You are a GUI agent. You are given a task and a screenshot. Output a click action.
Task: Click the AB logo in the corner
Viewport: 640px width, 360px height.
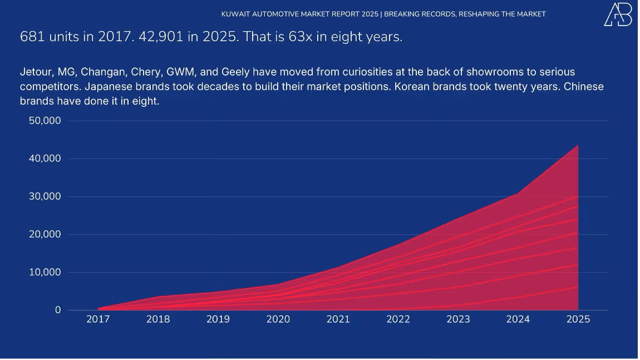pos(618,14)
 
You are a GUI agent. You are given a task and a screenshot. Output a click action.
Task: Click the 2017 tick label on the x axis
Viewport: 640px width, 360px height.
pos(98,319)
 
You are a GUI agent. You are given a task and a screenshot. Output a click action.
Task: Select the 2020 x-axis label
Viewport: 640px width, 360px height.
pos(278,319)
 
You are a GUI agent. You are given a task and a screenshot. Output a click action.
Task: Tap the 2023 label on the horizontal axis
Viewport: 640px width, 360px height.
pos(458,319)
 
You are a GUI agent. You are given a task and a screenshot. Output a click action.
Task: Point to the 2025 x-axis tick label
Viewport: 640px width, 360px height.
pos(578,319)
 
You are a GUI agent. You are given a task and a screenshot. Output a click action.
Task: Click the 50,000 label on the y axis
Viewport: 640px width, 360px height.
pos(45,121)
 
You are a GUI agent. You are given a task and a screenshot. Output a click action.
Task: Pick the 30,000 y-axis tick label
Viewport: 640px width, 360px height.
pos(45,196)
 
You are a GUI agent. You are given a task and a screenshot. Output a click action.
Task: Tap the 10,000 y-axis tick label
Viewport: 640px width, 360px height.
pos(45,272)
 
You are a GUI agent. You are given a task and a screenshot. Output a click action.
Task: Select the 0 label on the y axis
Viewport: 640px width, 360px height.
pos(58,310)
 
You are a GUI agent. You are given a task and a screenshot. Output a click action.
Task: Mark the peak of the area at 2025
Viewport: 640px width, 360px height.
pos(578,145)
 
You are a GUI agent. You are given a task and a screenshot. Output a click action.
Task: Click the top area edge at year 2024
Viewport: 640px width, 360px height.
pos(518,193)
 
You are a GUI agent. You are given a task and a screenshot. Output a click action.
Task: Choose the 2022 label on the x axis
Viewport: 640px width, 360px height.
pos(398,319)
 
